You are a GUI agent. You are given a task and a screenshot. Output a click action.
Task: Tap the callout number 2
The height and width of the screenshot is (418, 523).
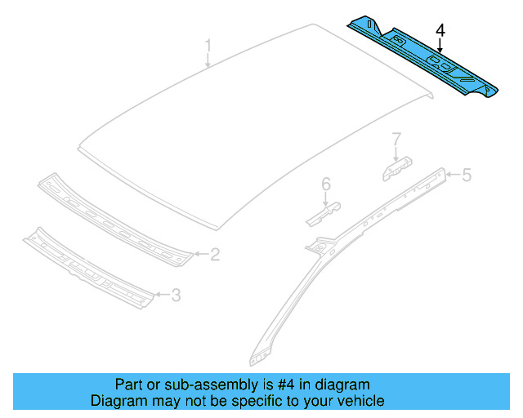[214, 256]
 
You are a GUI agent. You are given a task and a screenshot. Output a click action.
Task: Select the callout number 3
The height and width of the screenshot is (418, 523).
[175, 295]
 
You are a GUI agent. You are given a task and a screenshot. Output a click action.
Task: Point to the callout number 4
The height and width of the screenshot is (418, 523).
[440, 31]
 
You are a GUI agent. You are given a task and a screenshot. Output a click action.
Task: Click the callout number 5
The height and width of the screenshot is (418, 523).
[467, 174]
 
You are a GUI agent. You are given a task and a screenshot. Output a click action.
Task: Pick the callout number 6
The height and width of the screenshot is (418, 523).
[324, 185]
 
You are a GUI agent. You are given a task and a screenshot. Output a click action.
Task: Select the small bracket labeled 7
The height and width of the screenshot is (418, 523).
[396, 166]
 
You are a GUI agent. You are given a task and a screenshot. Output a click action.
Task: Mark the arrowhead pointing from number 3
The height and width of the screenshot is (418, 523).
[154, 294]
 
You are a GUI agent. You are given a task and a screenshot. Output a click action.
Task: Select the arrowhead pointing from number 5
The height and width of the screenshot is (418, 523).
[447, 173]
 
